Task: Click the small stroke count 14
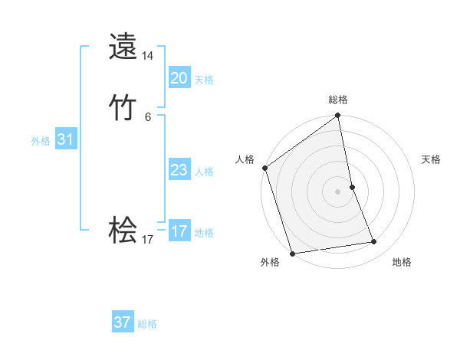coord(148,56)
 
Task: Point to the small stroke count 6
coord(148,117)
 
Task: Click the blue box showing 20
coord(179,78)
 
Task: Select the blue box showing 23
coord(179,170)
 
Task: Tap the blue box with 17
coord(179,231)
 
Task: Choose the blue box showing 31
coord(66,139)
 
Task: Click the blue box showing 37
coord(123,322)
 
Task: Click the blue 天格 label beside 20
coord(204,80)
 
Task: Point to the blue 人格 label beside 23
coord(204,172)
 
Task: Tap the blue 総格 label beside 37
coord(147,324)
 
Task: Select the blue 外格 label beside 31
coord(41,141)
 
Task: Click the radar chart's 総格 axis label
coord(338,100)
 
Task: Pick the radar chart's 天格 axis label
coord(431,159)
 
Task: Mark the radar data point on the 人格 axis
coord(264,168)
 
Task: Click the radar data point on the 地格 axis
coord(374,242)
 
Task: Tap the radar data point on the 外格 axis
coord(292,253)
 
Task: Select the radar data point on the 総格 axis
coord(338,116)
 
